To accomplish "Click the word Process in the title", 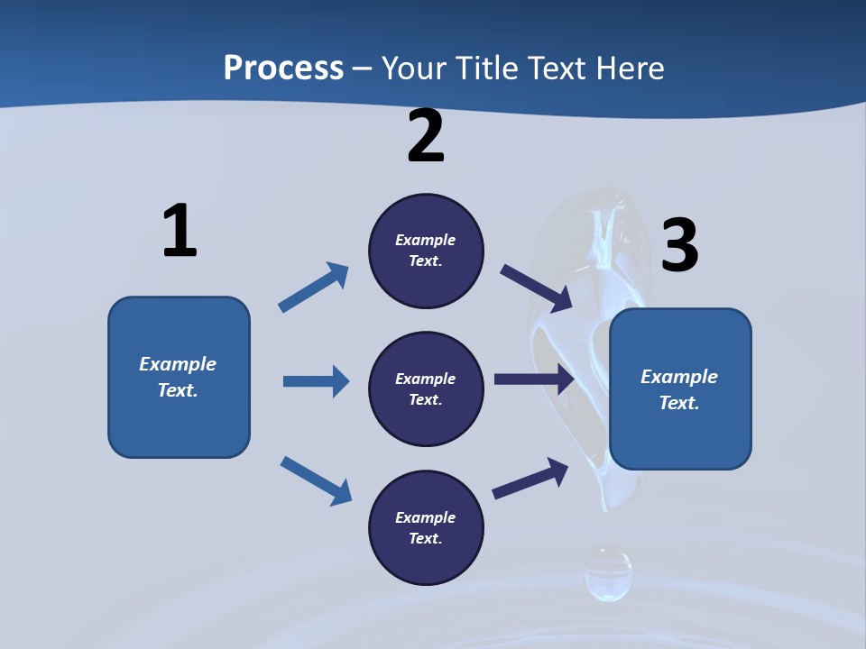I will [x=283, y=69].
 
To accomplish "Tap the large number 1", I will [x=180, y=232].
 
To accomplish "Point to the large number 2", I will [x=426, y=137].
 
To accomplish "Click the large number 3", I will [x=680, y=245].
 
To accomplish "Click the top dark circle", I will [x=426, y=251].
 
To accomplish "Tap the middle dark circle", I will [x=426, y=388].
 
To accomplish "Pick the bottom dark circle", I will [x=426, y=527].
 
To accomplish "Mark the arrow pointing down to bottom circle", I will [x=316, y=480].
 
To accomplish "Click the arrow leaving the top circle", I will [x=536, y=288].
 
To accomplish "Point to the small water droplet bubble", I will [x=608, y=573].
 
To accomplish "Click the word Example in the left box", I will [x=178, y=364].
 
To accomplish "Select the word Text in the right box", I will [x=677, y=403].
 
